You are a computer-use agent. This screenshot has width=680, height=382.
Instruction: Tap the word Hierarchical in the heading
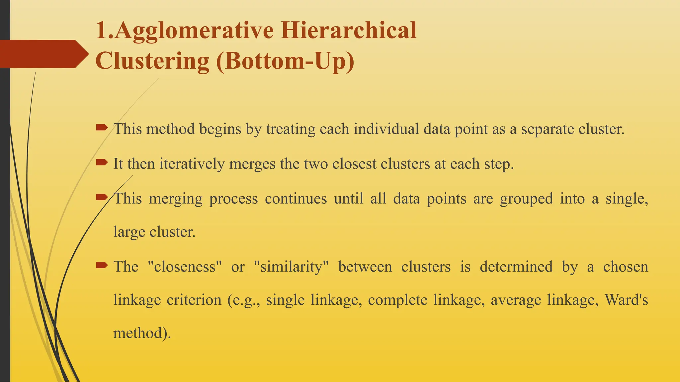(348, 31)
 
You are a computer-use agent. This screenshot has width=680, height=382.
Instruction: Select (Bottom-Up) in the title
(285, 61)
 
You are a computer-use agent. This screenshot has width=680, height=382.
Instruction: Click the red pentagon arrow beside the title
(43, 54)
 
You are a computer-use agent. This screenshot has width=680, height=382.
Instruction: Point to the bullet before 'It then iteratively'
(102, 162)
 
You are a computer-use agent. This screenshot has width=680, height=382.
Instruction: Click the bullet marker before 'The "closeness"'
(102, 265)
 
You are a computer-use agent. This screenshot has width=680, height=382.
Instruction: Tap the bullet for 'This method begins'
(102, 127)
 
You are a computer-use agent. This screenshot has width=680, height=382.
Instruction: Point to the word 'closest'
(354, 164)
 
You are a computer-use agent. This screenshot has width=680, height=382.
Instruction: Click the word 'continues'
(296, 199)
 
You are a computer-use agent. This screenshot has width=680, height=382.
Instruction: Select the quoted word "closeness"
(185, 267)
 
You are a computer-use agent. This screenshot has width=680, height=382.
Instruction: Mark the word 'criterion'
(194, 300)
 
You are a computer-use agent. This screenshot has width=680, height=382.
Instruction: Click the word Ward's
(626, 300)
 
